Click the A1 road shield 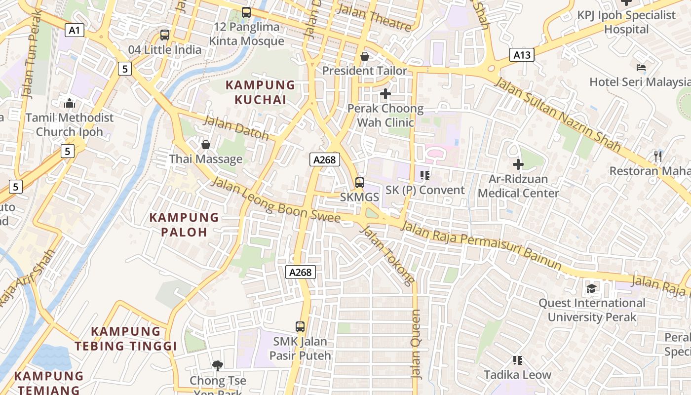click(74, 31)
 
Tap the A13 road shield click(522, 55)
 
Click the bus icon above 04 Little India click(165, 35)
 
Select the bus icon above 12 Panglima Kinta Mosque click(246, 12)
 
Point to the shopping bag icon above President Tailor click(365, 56)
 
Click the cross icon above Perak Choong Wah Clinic click(385, 93)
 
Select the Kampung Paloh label click(184, 225)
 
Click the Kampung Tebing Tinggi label click(126, 339)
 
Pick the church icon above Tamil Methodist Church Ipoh click(70, 103)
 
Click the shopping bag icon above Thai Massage click(206, 145)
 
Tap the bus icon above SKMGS click(360, 183)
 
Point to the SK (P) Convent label click(424, 190)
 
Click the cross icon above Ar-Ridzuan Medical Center click(518, 164)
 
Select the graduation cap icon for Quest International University click(591, 288)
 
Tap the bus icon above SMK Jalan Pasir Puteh click(300, 326)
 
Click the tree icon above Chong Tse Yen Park click(218, 366)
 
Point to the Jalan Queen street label click(416, 344)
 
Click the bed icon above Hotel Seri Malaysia click(641, 68)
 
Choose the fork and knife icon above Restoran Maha click(657, 157)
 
